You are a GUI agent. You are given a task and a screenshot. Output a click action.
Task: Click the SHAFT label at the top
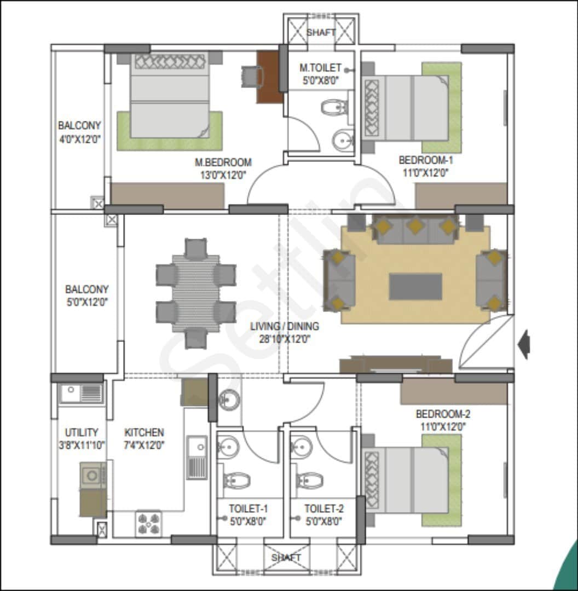click(x=321, y=32)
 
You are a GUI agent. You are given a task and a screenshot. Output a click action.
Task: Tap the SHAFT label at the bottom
click(x=286, y=557)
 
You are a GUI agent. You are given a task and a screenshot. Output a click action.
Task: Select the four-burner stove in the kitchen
click(x=148, y=524)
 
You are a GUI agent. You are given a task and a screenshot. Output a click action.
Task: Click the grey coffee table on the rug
click(x=415, y=287)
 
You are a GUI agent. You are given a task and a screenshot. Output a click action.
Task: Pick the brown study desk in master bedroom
click(x=269, y=77)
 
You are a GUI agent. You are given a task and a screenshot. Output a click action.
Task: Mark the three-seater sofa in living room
click(x=415, y=229)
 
